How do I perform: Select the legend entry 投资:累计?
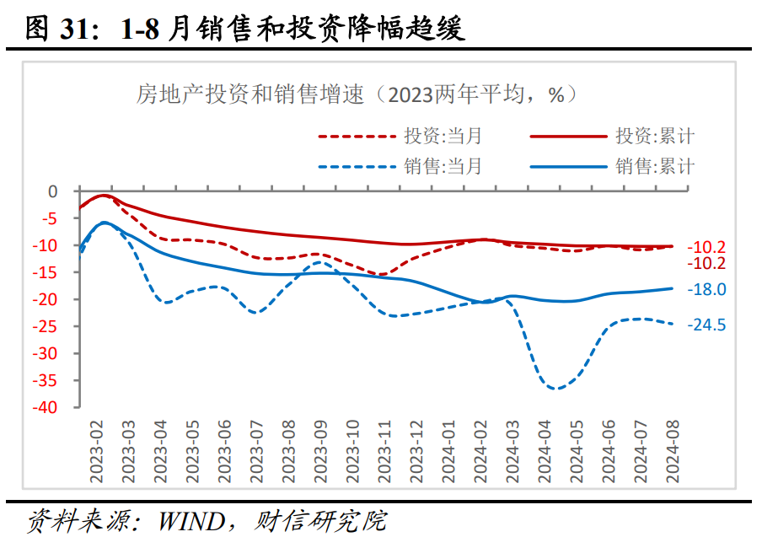point(654,136)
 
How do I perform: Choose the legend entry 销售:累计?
point(654,166)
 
